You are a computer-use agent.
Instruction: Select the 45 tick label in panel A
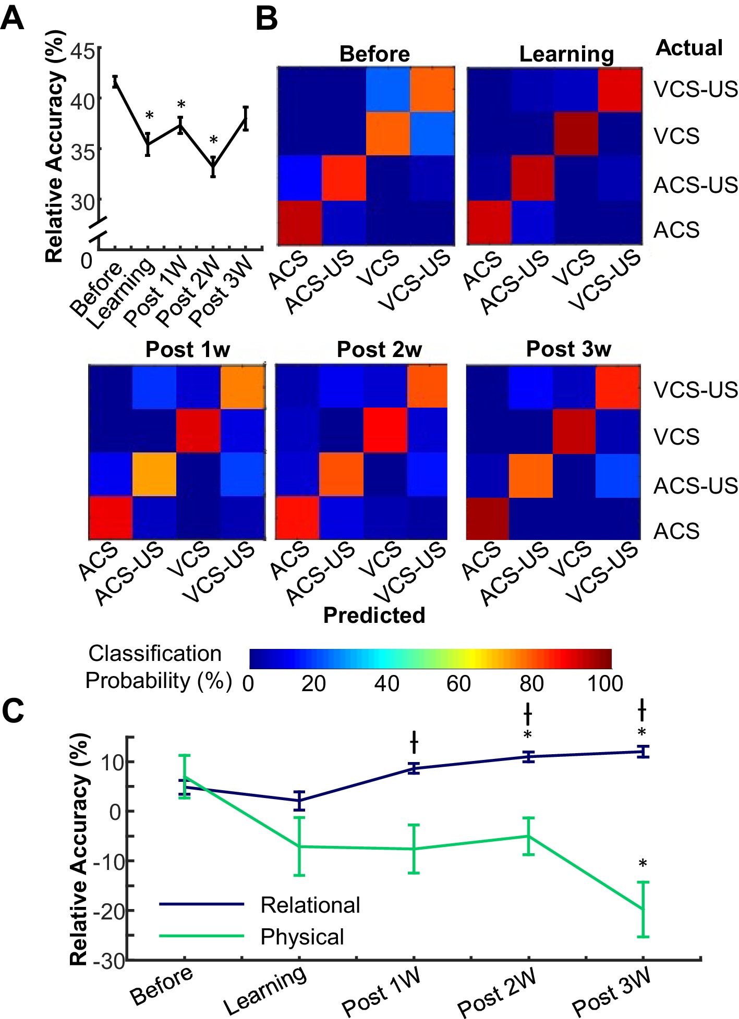(83, 52)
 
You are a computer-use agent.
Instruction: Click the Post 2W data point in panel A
(213, 167)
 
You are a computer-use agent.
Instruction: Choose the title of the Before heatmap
(374, 54)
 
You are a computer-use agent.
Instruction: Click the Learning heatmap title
(566, 54)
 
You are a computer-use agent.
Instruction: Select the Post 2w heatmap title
(379, 349)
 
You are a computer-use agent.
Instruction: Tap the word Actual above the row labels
(689, 48)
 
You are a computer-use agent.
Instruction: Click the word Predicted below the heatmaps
(374, 616)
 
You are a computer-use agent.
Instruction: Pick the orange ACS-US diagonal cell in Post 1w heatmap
(154, 474)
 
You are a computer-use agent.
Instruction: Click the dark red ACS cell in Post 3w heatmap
(487, 518)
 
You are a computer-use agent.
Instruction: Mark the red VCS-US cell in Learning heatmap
(620, 90)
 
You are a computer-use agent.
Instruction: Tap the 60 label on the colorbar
(458, 683)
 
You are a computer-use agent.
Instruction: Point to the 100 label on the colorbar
(605, 683)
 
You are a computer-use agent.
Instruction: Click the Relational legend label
(310, 905)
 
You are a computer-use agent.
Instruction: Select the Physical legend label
(302, 937)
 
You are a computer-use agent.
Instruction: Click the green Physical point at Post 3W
(643, 909)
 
